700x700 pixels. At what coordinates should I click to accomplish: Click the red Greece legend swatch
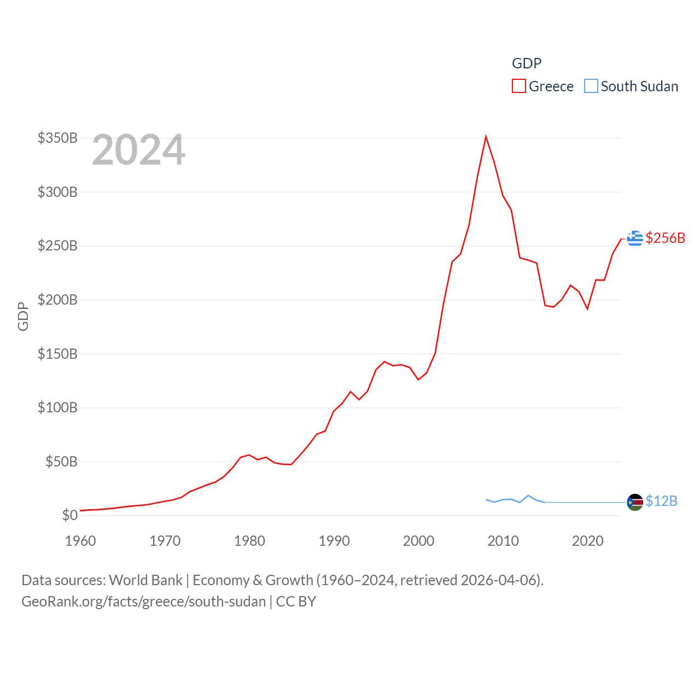point(518,86)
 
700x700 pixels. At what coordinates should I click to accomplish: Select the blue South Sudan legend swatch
point(591,86)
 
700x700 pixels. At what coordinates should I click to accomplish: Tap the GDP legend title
point(527,63)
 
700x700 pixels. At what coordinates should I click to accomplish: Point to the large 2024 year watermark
point(138,150)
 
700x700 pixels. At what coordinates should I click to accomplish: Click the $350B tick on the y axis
point(57,138)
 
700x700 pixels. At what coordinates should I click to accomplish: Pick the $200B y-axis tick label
point(57,300)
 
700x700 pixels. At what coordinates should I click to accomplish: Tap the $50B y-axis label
point(61,462)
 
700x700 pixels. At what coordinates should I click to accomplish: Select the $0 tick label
point(69,515)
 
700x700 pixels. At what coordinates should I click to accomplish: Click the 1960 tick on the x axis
point(80,541)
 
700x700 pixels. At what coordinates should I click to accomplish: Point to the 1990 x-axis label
point(334,541)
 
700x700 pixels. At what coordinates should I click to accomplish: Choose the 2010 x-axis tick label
point(503,541)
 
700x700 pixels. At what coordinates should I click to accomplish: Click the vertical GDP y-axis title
point(23,316)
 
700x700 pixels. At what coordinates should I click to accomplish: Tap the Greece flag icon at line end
point(635,238)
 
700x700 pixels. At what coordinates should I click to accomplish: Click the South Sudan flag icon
point(635,502)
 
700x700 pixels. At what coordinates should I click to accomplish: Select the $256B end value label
point(665,238)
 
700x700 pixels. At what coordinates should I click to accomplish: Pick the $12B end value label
point(661,501)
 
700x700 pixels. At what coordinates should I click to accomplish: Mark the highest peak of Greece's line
point(486,137)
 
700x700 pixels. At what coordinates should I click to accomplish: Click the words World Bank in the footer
point(145,580)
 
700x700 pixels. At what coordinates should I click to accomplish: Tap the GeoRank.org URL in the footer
point(143,602)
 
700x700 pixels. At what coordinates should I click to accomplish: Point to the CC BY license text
point(296,602)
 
